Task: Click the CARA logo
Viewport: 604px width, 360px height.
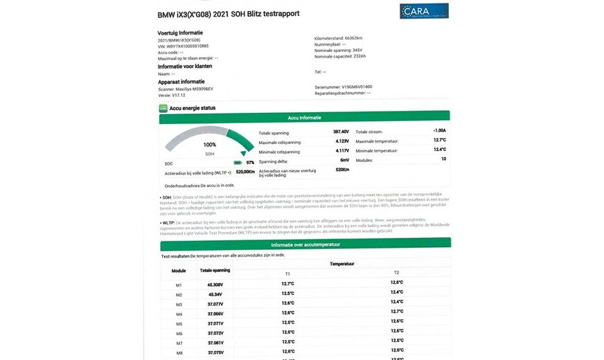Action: [424, 11]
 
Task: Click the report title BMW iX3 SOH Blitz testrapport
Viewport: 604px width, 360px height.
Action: [242, 15]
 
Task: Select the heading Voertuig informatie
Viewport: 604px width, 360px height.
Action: [180, 33]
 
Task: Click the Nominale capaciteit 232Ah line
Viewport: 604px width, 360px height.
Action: [340, 57]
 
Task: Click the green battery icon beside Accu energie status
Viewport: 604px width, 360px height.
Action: [163, 108]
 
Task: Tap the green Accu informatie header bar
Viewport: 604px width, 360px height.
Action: [304, 118]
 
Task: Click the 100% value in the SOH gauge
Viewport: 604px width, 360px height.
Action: [209, 145]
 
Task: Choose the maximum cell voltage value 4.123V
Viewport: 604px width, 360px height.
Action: [341, 141]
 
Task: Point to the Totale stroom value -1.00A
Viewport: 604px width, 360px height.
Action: [439, 131]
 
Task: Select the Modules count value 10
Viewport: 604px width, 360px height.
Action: [443, 159]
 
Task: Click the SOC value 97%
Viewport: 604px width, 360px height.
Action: [250, 162]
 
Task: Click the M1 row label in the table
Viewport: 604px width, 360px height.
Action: [178, 285]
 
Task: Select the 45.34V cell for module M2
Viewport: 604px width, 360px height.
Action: [215, 294]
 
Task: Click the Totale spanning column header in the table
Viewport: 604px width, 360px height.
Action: [215, 270]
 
